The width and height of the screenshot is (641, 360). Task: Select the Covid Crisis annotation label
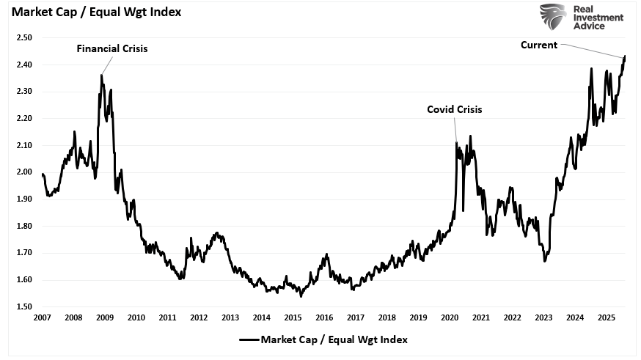click(x=455, y=110)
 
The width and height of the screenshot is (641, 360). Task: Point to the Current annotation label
click(x=539, y=45)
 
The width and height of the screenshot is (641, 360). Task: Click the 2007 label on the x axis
click(x=43, y=317)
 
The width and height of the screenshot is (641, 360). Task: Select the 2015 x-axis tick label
click(x=293, y=317)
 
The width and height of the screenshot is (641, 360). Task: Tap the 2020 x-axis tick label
click(x=449, y=317)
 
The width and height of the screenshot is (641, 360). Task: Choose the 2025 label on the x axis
click(x=605, y=317)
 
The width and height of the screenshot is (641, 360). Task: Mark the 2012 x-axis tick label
click(x=199, y=317)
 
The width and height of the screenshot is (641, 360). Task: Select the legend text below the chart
click(x=334, y=339)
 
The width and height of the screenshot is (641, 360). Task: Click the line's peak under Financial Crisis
click(x=101, y=75)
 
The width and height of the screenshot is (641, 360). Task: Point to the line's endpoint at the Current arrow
click(x=625, y=56)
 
